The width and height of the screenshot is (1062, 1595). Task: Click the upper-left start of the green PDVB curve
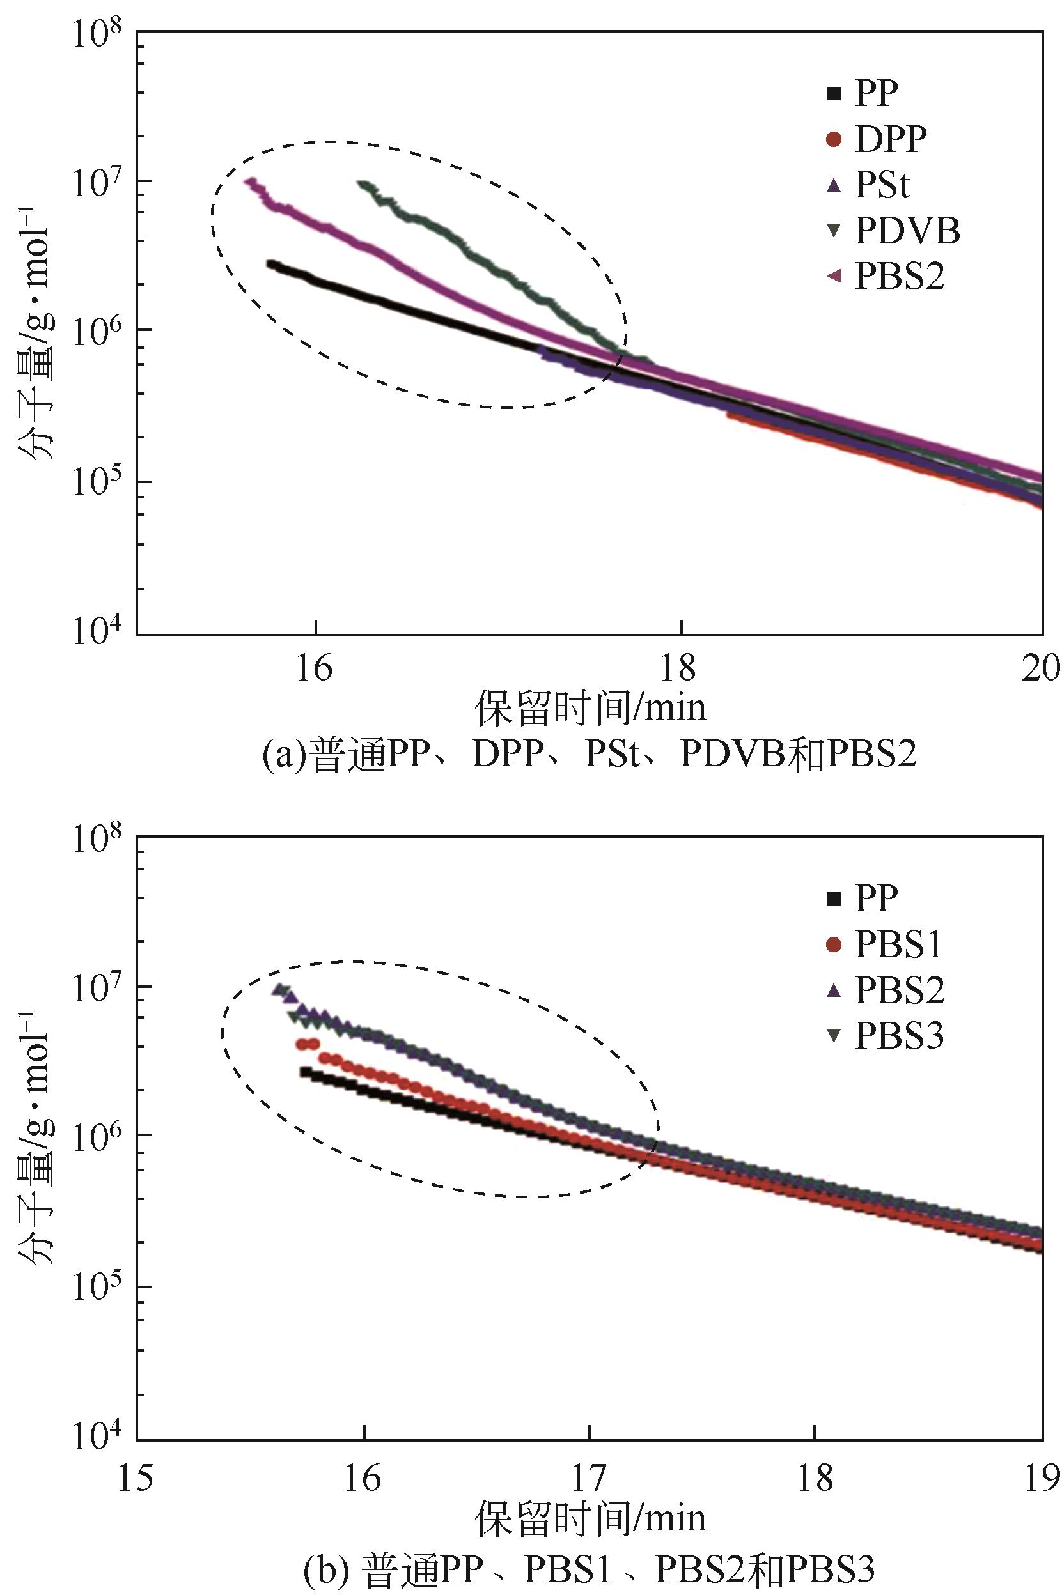click(x=364, y=184)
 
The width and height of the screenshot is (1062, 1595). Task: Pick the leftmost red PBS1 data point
click(x=301, y=1045)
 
